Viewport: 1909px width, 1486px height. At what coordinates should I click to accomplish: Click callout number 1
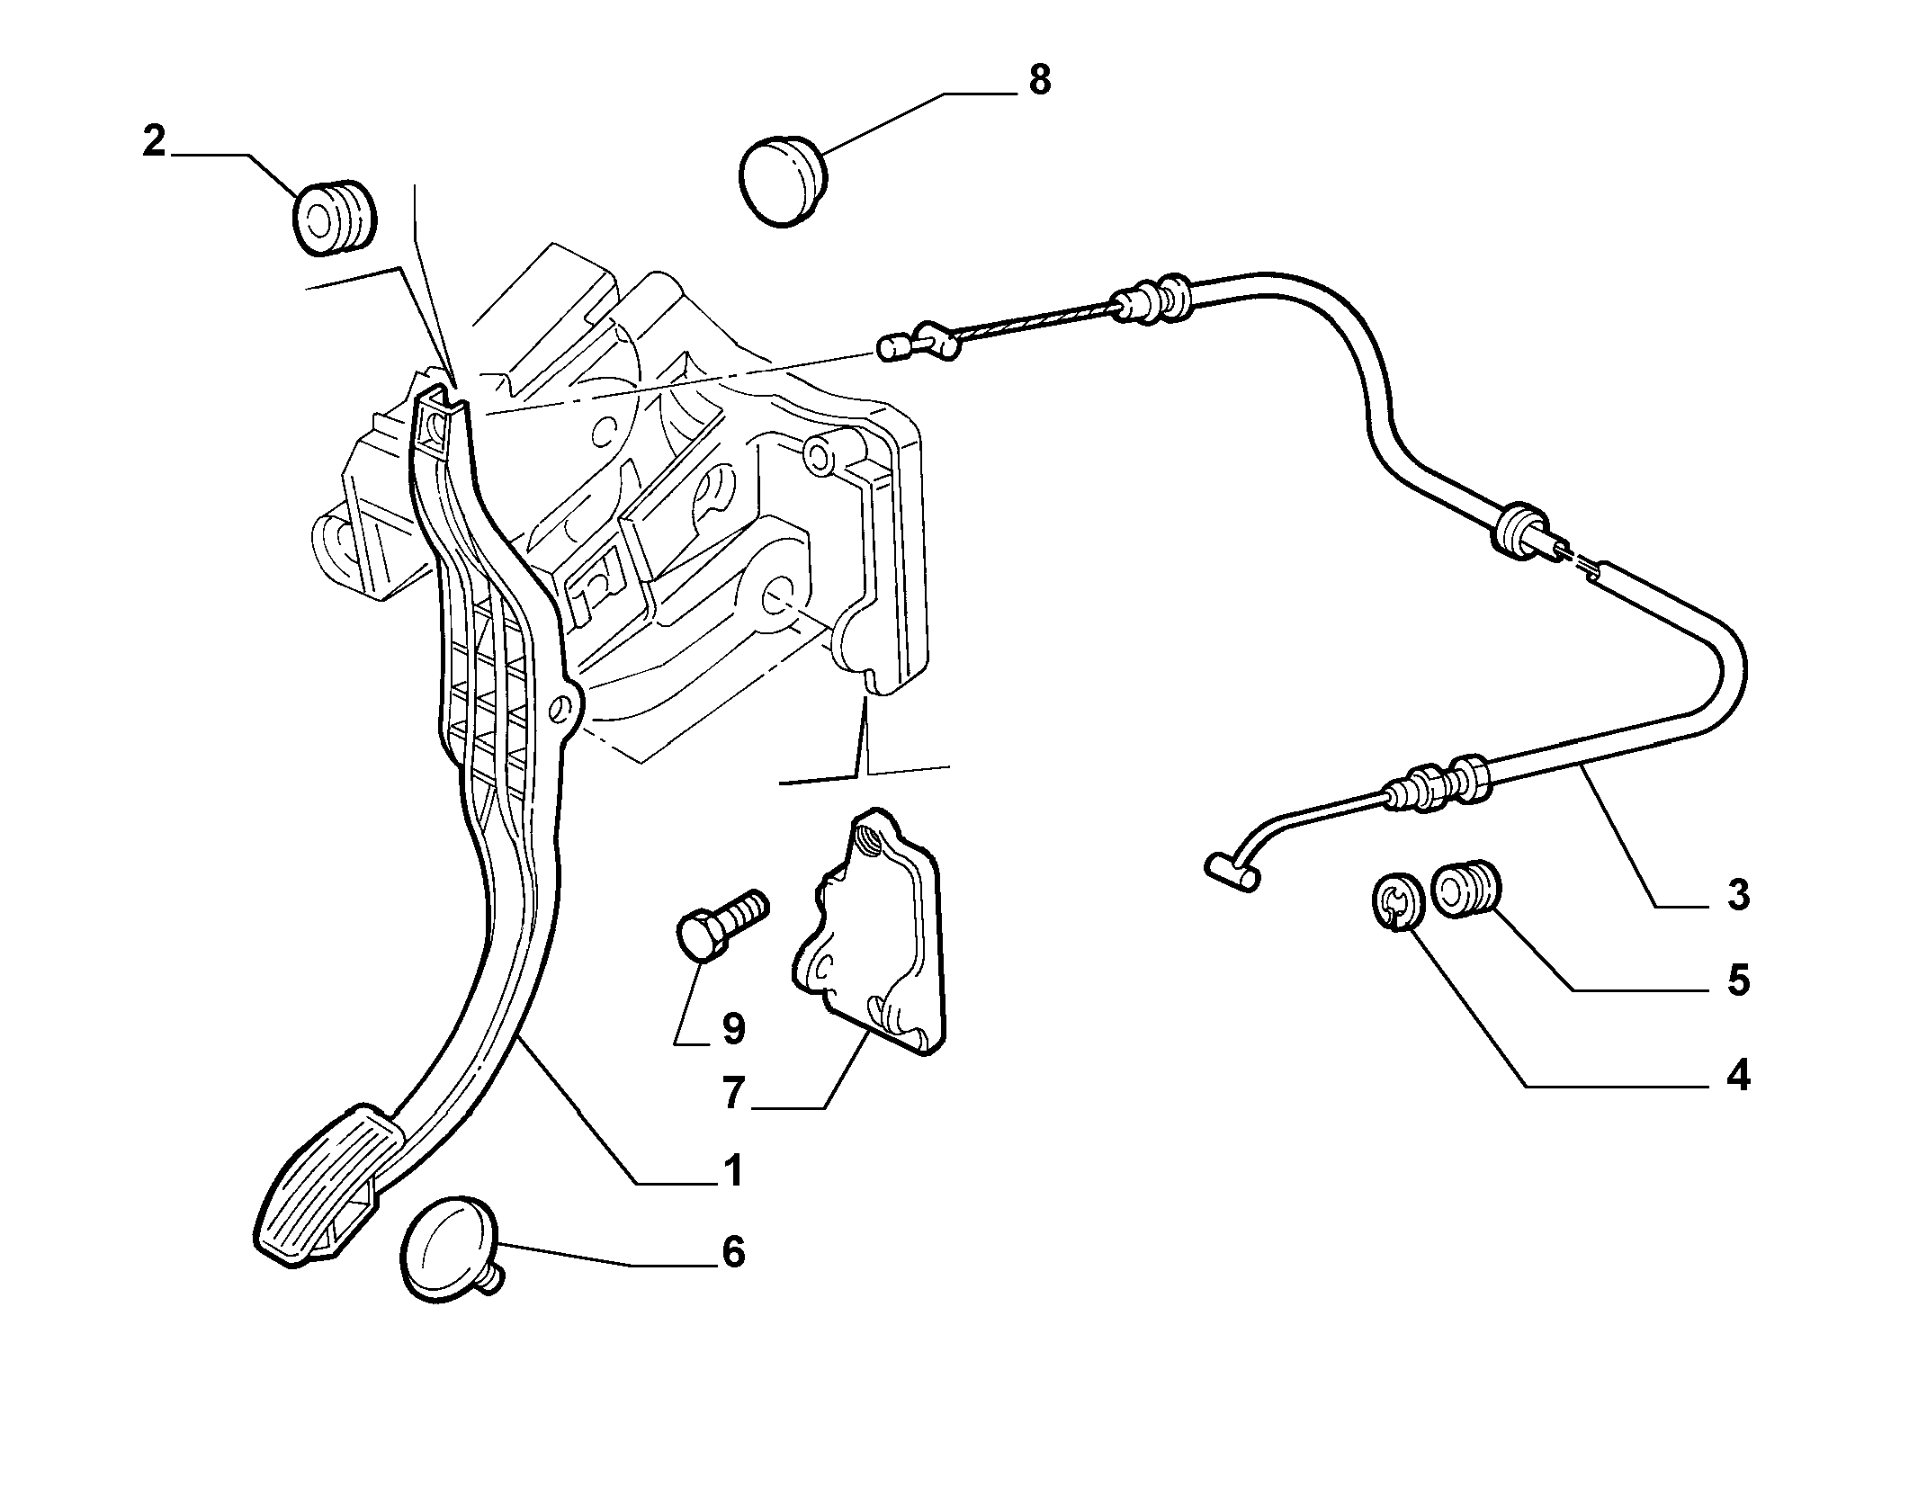coord(734,1171)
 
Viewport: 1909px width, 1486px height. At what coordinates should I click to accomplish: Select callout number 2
coord(155,142)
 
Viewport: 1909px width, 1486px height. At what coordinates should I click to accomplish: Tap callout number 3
coord(1738,895)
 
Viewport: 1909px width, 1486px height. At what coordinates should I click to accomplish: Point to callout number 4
coord(1738,1076)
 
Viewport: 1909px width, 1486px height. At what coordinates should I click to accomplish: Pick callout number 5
coord(1738,980)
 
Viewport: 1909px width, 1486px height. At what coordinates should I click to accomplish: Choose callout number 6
coord(734,1252)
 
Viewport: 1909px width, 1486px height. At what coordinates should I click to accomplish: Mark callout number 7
coord(733,1094)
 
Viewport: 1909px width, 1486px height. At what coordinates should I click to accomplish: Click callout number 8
coord(1039,80)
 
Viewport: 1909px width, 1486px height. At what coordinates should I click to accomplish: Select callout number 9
coord(733,1028)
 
